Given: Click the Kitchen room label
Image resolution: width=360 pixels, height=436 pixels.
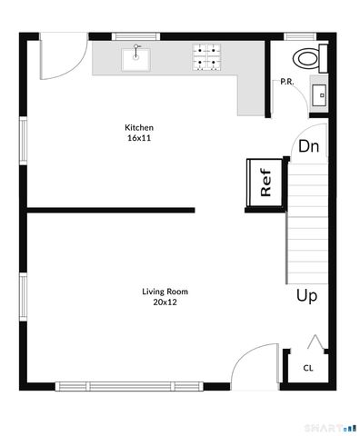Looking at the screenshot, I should click(139, 127).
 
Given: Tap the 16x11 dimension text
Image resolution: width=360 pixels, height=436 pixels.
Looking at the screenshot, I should click(139, 138).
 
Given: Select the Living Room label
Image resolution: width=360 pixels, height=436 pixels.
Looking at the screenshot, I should click(165, 292).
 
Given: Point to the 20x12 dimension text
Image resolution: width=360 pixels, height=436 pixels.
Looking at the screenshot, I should click(165, 302).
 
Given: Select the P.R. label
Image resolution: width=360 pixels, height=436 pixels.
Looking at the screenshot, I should click(287, 83).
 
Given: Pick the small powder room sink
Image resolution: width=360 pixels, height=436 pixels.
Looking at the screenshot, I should click(318, 94).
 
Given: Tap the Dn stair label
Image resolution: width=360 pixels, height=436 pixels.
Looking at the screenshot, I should click(308, 145).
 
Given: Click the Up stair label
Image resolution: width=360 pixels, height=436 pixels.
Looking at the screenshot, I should click(306, 295).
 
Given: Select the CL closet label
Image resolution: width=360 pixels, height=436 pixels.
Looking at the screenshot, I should click(308, 368).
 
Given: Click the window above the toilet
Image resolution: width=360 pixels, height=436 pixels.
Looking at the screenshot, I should click(299, 36).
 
